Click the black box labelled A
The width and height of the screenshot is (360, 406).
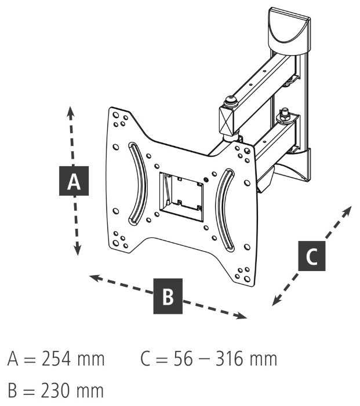pos(74,181)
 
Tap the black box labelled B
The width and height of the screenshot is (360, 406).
pos(168,296)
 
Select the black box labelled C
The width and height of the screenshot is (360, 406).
pos(311,255)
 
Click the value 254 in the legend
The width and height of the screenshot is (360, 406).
pos(56,360)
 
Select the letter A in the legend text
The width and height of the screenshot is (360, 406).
pos(13,360)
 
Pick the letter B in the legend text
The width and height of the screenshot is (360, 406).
pos(12,392)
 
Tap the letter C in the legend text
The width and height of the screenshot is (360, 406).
pos(146,360)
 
